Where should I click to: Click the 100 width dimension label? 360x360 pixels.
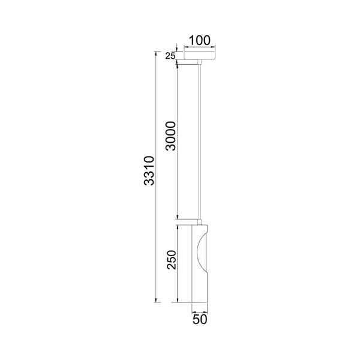(199, 40)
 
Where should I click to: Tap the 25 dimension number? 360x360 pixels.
(170, 56)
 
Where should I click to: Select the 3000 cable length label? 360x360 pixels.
(171, 136)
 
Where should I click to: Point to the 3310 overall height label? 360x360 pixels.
(149, 170)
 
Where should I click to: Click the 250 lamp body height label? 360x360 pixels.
(172, 260)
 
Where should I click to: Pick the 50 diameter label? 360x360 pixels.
(200, 319)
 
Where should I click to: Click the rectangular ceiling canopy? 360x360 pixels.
(200, 56)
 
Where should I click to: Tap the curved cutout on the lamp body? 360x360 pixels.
(202, 252)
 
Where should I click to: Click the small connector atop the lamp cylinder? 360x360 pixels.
(200, 222)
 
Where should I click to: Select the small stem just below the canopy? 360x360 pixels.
(200, 62)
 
